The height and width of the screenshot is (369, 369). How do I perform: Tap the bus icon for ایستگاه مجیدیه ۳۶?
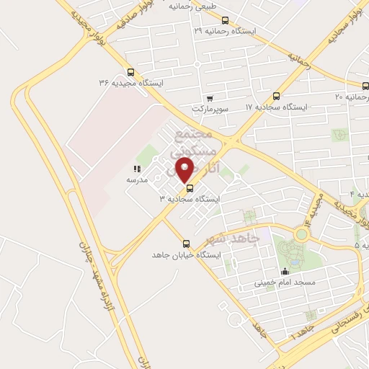tap(130, 71)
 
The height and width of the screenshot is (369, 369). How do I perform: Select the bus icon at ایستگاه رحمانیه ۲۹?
tap(226, 20)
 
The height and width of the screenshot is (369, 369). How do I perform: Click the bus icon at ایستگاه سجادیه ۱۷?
tap(276, 96)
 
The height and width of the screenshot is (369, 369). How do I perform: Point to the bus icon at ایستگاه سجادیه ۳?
tap(190, 190)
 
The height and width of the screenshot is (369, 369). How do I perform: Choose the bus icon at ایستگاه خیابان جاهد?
tap(187, 244)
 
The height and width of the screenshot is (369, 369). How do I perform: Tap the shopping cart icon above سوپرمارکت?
tap(210, 99)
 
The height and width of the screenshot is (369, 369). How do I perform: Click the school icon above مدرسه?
tap(137, 169)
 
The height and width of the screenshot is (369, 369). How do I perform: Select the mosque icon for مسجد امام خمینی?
tap(285, 272)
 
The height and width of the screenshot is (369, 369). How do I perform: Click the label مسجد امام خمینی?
tap(284, 283)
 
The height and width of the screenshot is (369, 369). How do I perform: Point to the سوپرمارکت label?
tap(209, 110)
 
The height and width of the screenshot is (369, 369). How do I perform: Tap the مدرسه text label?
tap(137, 179)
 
